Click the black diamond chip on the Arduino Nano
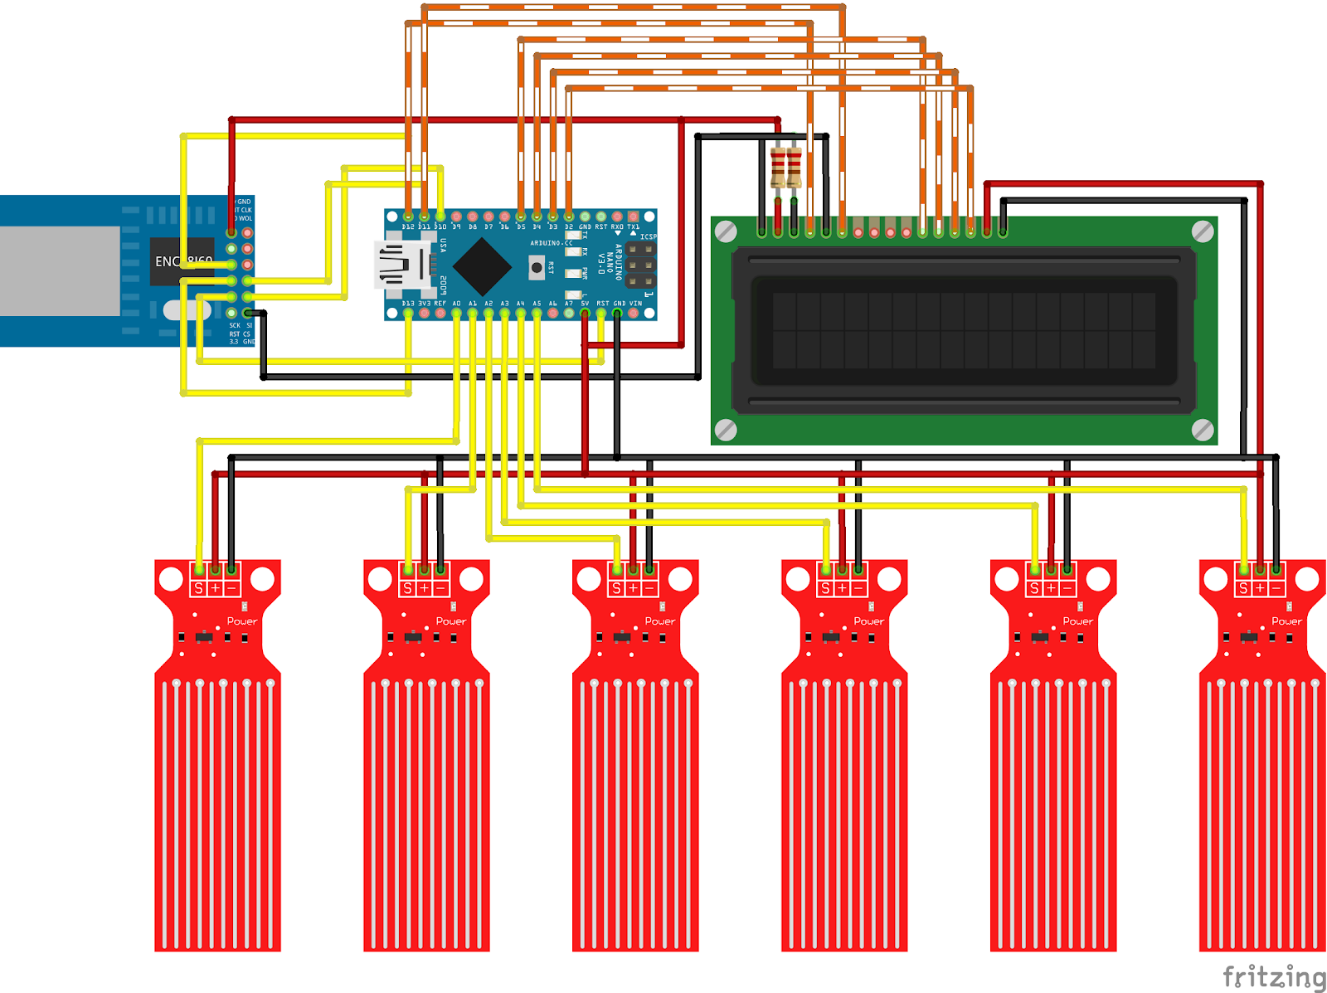(482, 266)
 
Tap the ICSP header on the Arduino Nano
(640, 265)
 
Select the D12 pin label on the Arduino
(408, 226)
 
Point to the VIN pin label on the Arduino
(635, 304)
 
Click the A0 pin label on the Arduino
(456, 304)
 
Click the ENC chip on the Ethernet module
(182, 261)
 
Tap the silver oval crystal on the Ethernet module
(186, 310)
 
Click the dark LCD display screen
(964, 330)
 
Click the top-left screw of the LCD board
(726, 231)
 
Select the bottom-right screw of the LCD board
(1203, 430)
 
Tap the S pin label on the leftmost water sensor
(198, 588)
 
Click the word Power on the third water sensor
(660, 621)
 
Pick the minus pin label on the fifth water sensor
(1067, 588)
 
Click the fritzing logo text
(1274, 976)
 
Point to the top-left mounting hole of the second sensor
(380, 578)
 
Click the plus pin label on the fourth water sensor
(842, 588)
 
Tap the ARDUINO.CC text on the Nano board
(552, 243)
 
